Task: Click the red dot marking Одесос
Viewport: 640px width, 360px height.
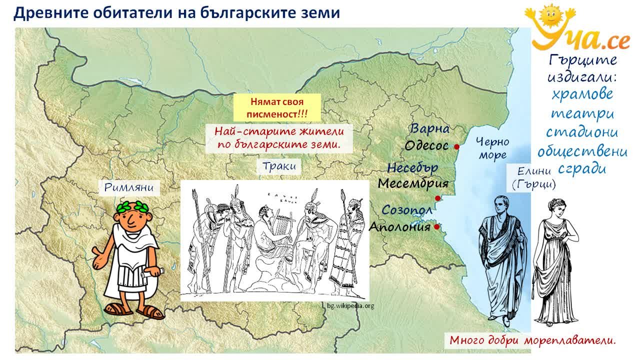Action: click(x=457, y=147)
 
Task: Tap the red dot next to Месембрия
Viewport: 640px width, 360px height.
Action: click(x=437, y=198)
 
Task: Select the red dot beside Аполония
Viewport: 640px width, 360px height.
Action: click(x=436, y=227)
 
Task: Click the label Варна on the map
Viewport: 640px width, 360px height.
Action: click(x=429, y=128)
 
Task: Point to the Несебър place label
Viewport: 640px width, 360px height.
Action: click(x=412, y=167)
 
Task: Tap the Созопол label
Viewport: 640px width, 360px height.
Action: click(x=407, y=210)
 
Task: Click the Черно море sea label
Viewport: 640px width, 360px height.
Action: click(x=492, y=148)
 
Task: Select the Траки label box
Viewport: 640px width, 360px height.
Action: click(x=279, y=166)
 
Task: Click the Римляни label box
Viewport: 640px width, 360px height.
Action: click(x=129, y=187)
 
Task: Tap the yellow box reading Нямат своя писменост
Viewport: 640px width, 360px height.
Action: click(x=277, y=107)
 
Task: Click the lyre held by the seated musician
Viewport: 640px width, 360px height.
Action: click(x=281, y=225)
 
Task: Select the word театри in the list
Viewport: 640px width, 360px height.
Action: click(x=582, y=113)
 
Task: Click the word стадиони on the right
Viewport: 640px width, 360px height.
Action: click(x=582, y=132)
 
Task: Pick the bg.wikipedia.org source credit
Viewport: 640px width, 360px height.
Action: click(x=350, y=306)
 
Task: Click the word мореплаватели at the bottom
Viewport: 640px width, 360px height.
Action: click(x=569, y=340)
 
